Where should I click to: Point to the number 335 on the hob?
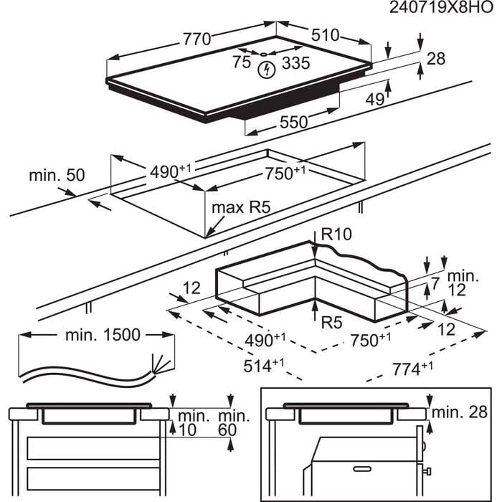295,63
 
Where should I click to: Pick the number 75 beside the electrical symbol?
242,62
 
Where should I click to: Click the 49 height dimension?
375,100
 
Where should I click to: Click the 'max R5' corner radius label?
241,209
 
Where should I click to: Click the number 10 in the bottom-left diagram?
186,430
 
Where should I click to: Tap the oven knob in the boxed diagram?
429,472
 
